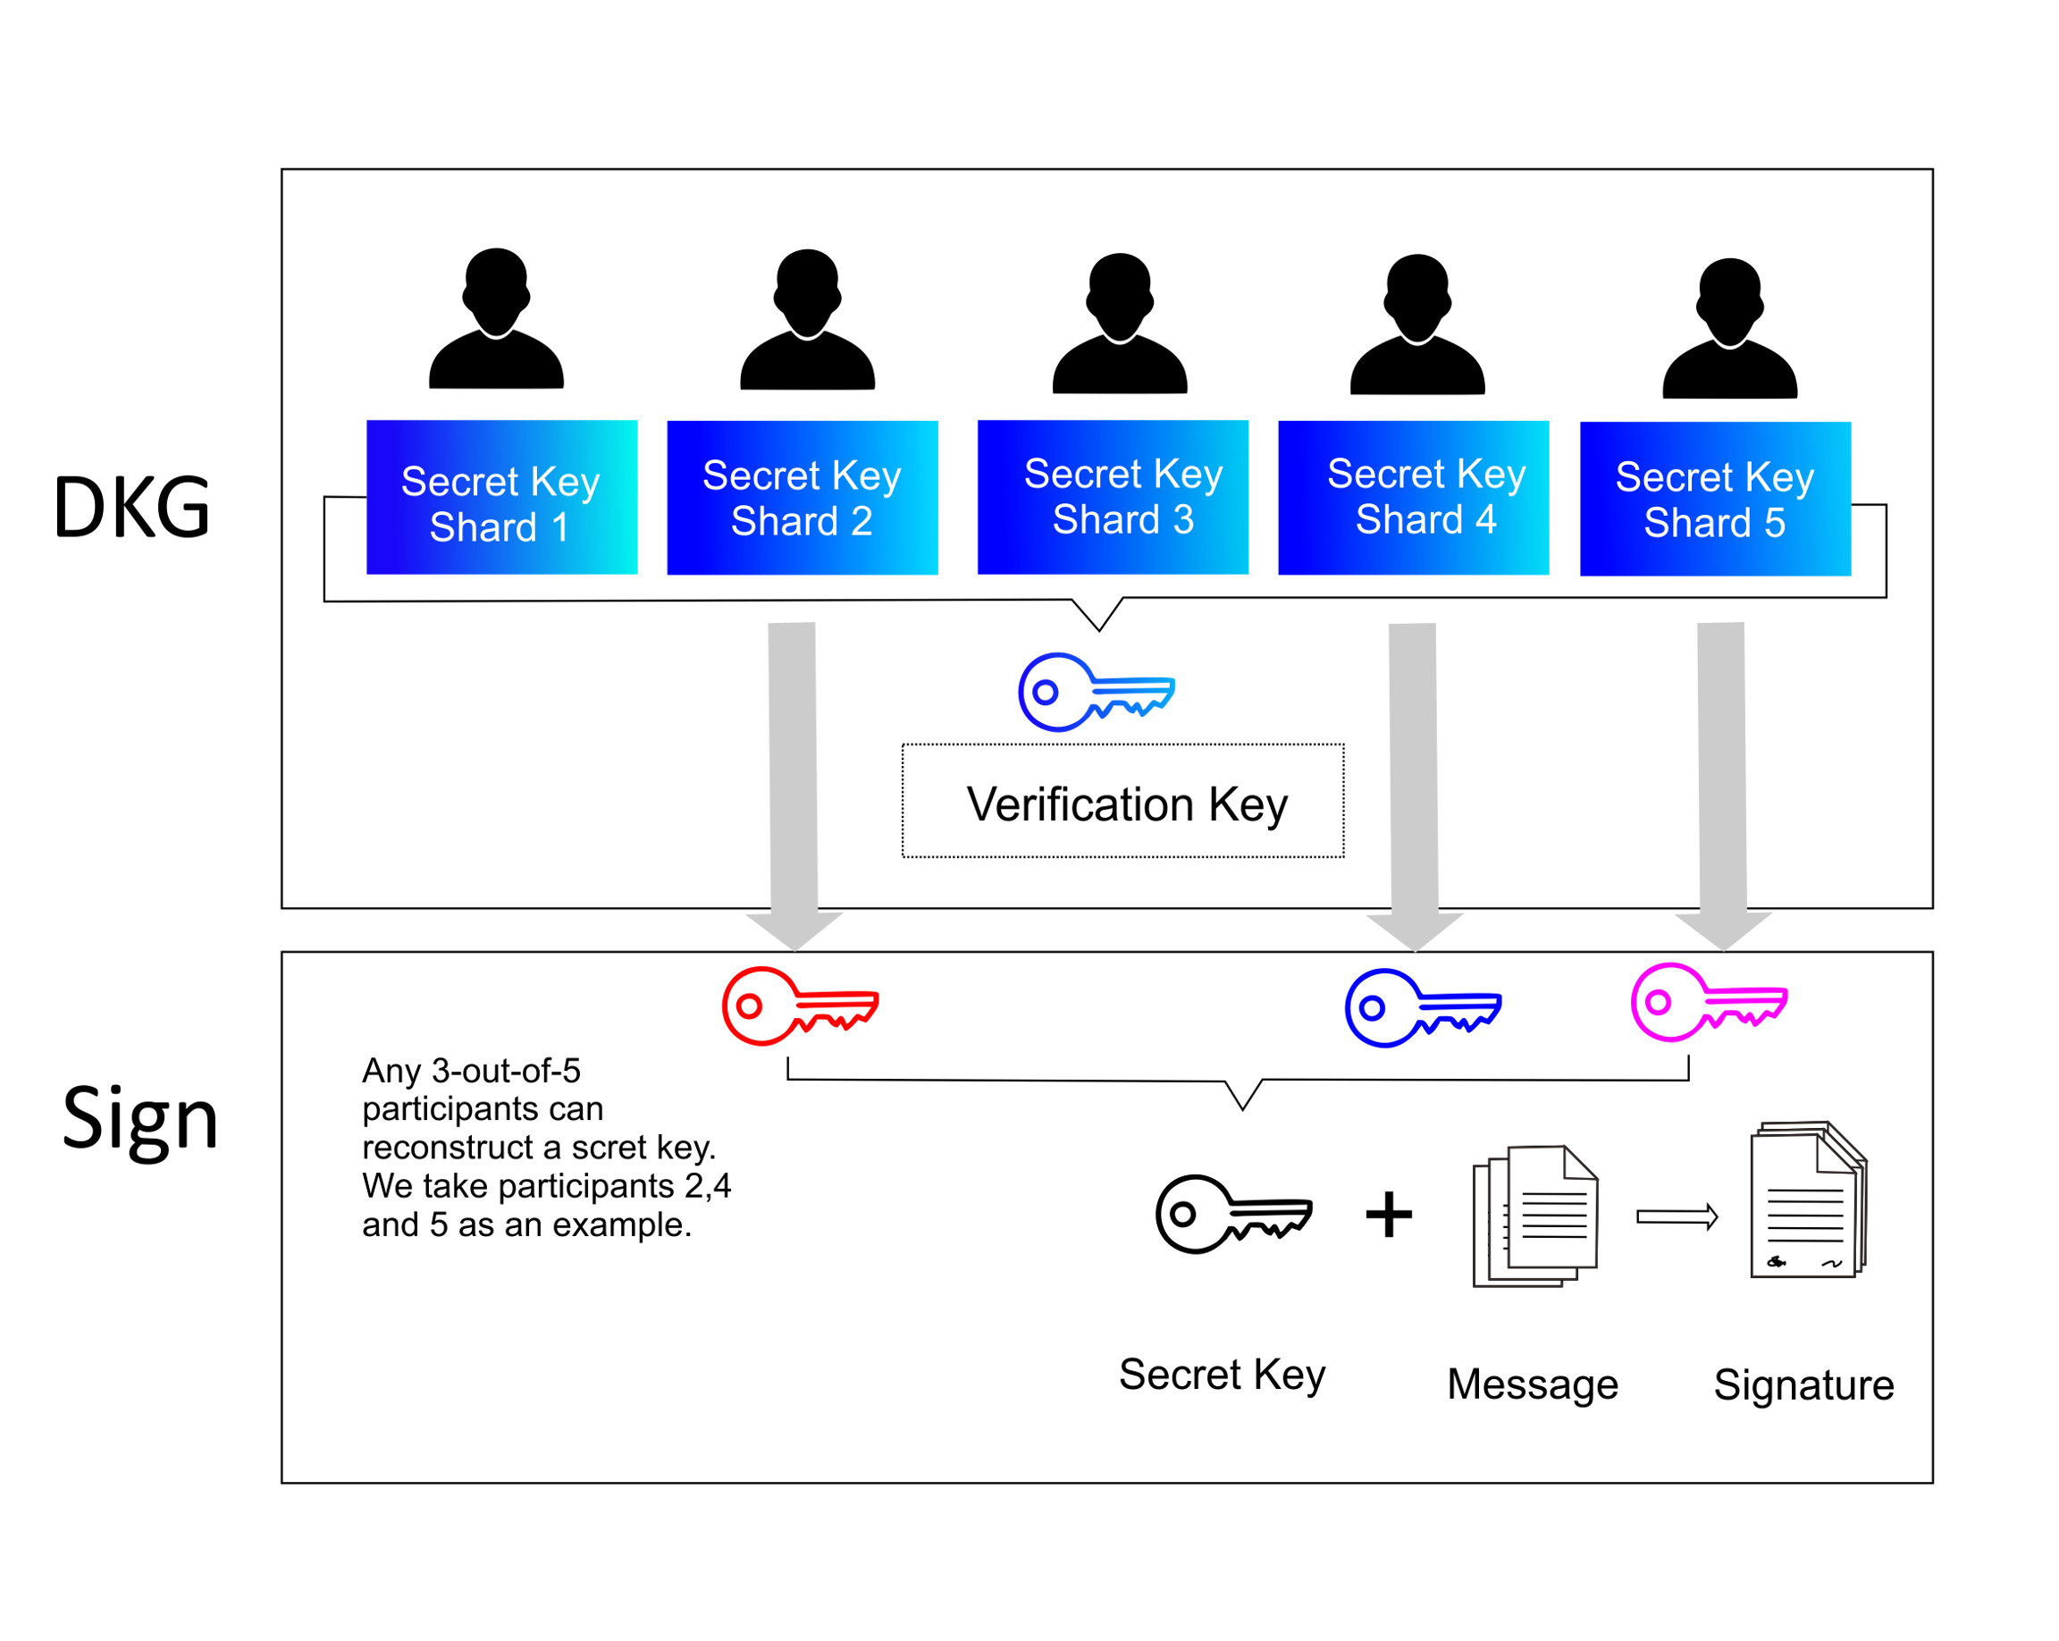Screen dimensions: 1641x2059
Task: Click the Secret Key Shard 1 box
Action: (x=501, y=497)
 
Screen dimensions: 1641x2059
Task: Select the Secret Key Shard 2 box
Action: (x=803, y=498)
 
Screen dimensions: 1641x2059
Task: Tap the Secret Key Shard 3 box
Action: (x=1113, y=497)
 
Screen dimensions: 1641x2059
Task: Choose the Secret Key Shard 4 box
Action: (x=1413, y=498)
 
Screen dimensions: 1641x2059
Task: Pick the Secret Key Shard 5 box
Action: (x=1715, y=499)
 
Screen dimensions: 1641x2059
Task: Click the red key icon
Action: (x=799, y=1006)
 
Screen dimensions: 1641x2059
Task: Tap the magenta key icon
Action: (x=1709, y=1002)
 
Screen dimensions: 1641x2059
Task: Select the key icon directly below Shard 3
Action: (x=1096, y=692)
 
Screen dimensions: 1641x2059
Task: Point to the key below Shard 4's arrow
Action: (x=1422, y=1007)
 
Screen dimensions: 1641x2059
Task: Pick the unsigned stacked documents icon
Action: (x=1534, y=1216)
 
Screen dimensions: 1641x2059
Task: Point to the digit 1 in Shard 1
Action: (x=559, y=528)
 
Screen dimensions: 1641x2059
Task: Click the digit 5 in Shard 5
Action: (x=1775, y=524)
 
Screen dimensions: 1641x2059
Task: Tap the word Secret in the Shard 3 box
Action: (x=1082, y=474)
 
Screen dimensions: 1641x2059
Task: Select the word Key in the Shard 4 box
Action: (x=1491, y=475)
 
